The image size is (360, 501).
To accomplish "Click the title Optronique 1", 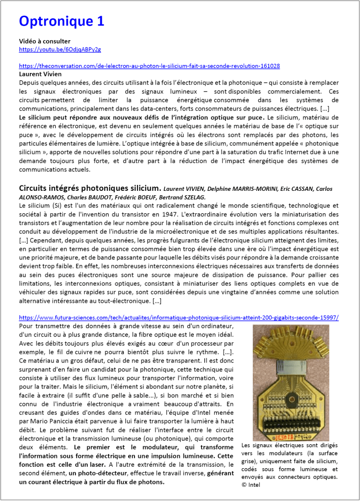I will tap(61, 21).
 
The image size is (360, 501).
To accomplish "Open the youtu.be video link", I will tap(60, 49).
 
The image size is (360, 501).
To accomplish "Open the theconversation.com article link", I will tap(149, 66).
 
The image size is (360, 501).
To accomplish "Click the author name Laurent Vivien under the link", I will tap(37, 74).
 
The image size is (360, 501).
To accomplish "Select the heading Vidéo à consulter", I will tap(45, 41).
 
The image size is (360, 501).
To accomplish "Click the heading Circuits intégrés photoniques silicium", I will tap(90, 188).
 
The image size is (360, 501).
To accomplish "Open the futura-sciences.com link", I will tap(179, 318).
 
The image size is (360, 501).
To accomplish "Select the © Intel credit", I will tap(251, 484).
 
